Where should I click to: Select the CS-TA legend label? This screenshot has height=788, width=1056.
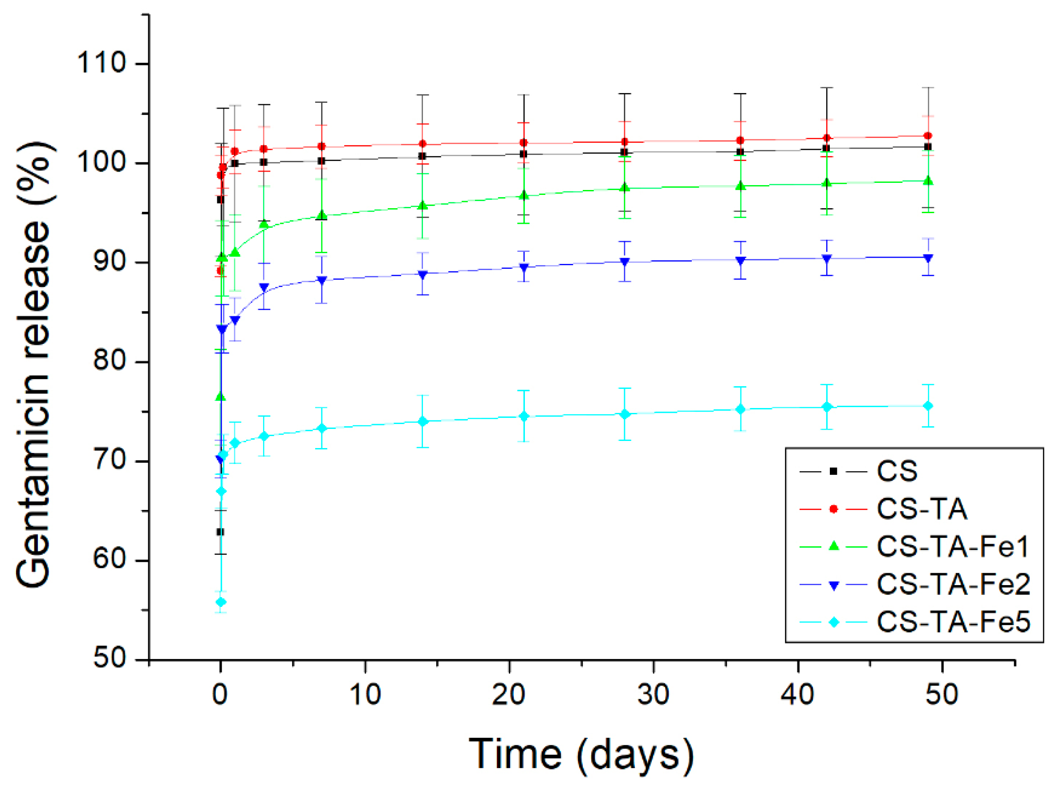tap(922, 509)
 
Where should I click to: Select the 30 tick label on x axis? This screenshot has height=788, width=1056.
tap(653, 695)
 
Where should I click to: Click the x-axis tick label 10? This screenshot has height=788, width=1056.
tap(365, 695)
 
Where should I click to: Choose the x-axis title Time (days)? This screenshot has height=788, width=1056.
tap(581, 754)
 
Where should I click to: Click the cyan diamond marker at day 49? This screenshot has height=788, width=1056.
tap(928, 406)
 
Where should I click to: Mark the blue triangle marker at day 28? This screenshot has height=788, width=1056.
tap(625, 262)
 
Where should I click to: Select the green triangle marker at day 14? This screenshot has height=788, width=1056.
tap(422, 205)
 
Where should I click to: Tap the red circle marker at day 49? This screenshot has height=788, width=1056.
tap(928, 136)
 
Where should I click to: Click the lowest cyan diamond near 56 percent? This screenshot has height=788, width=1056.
tap(221, 602)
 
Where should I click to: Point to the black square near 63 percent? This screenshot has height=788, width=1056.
tap(220, 532)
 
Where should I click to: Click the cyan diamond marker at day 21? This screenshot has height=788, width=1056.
tap(524, 416)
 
